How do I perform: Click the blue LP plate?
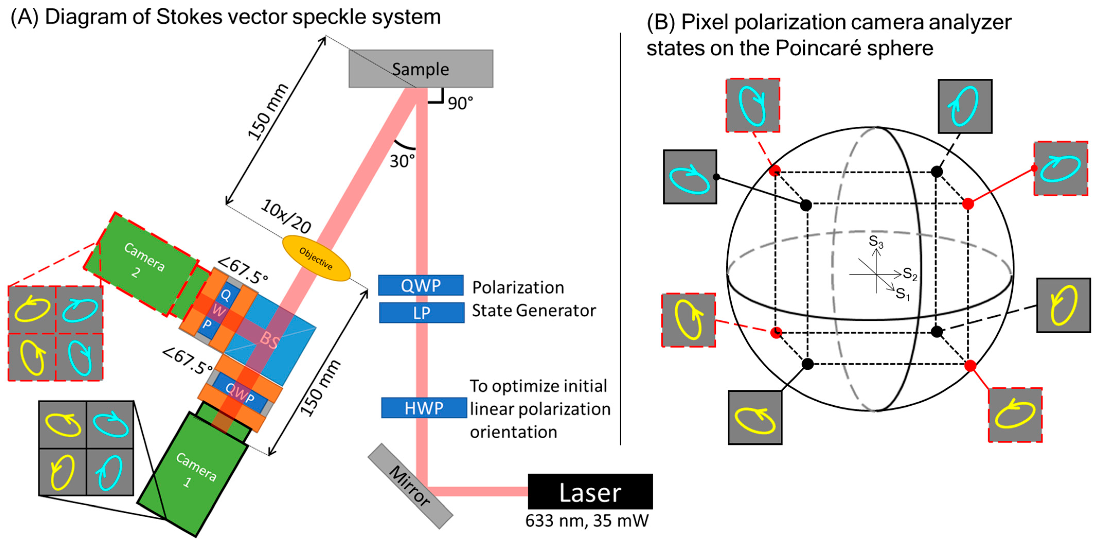[x=421, y=313]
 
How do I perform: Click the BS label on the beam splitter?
[x=269, y=340]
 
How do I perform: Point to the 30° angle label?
[x=401, y=161]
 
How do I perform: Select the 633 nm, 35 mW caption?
[x=587, y=521]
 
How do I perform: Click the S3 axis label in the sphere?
[x=876, y=241]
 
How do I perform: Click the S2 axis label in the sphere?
[x=910, y=274]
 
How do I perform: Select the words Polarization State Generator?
[x=533, y=299]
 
